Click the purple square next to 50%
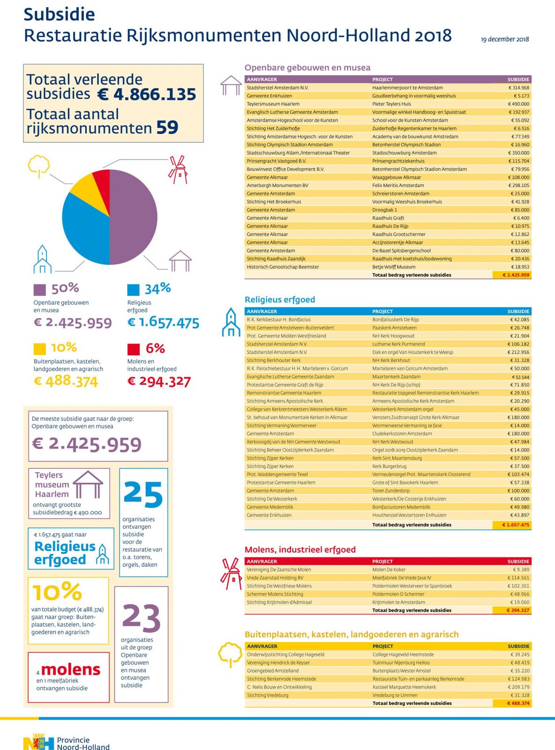pos(39,290)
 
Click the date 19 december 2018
pos(505,39)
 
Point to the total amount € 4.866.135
pos(146,94)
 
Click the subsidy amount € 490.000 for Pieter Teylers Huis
pos(518,104)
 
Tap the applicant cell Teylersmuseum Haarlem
pos(273,104)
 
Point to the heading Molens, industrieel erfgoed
pos(300,549)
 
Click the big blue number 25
pos(143,494)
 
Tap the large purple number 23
pos(141,618)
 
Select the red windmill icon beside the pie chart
pos(178,170)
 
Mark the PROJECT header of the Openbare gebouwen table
pos(382,80)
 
